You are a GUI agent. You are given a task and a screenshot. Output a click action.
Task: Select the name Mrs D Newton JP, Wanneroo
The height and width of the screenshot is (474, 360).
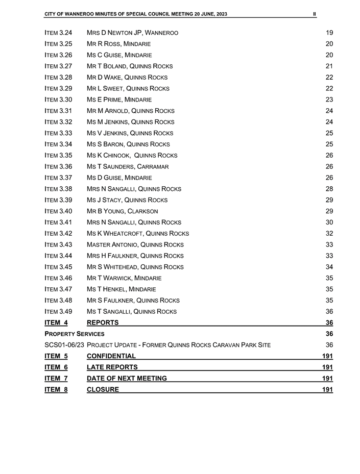tap(132, 33)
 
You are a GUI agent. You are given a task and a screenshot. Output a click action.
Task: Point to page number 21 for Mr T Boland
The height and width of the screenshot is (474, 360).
tap(329, 66)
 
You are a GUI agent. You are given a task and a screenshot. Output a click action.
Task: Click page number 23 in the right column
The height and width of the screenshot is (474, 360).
tap(329, 99)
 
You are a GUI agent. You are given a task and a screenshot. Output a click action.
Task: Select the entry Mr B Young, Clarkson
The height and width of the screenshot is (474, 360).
tap(123, 211)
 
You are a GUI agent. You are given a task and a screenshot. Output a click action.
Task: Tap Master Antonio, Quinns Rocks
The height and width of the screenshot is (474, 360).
tap(135, 244)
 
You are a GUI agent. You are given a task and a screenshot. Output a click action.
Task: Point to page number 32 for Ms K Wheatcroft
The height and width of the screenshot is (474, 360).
tap(329, 233)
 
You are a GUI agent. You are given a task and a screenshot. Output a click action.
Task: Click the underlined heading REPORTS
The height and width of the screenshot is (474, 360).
tap(103, 322)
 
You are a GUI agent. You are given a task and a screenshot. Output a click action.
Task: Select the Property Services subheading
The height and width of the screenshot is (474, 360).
tap(75, 334)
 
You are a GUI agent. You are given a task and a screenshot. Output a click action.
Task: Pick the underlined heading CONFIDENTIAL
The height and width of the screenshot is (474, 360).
tap(111, 356)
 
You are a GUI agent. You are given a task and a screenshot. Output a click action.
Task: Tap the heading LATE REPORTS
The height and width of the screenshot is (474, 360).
tap(112, 367)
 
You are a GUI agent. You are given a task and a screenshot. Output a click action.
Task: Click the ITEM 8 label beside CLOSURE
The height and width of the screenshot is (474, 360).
tap(56, 390)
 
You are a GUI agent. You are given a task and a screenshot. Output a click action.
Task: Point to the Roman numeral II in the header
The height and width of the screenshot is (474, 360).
tap(314, 14)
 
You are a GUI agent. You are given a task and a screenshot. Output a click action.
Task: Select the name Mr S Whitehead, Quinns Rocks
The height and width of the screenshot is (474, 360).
tap(135, 267)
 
